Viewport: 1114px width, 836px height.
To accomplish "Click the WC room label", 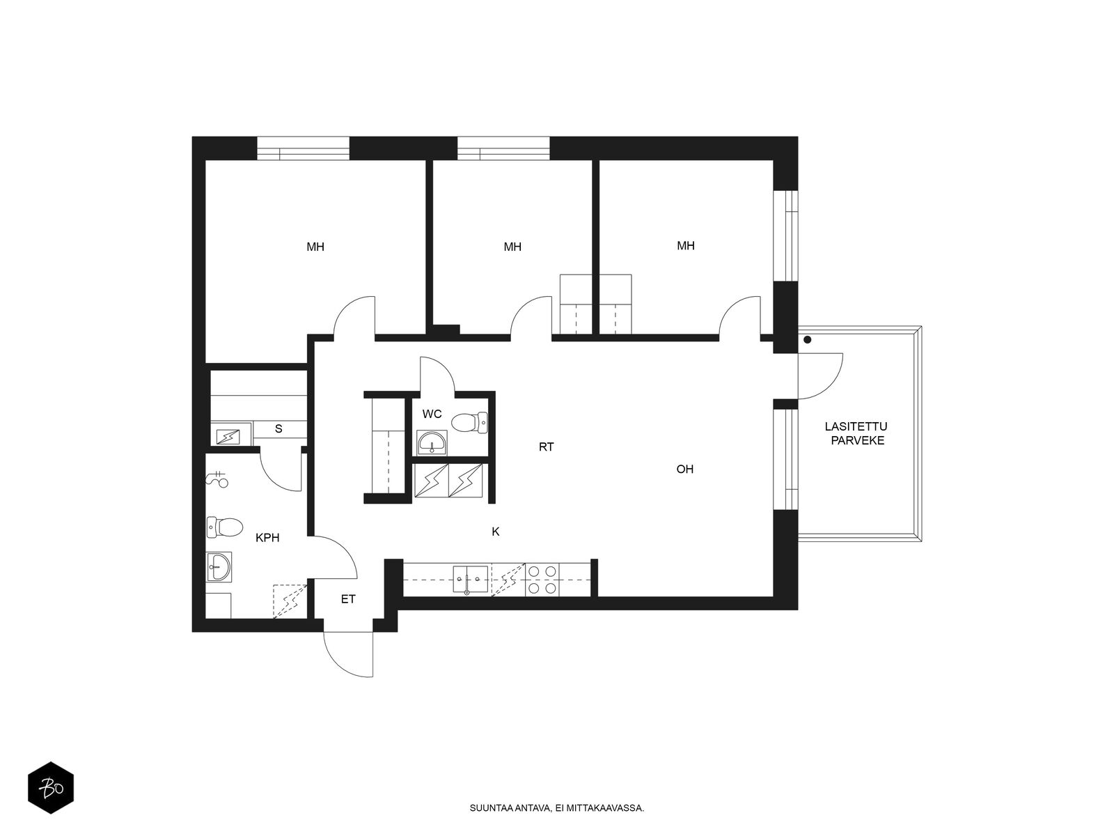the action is [x=432, y=415].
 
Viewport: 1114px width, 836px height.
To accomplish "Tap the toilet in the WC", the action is [x=469, y=422].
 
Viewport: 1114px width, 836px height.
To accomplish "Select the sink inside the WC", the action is [x=432, y=442].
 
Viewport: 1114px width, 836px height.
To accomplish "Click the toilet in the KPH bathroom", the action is [x=224, y=527].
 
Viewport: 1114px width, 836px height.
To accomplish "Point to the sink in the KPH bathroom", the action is [x=219, y=566].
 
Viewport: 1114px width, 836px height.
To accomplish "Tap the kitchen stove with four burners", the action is [x=542, y=579].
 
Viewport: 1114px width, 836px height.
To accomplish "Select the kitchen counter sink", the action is [x=471, y=580].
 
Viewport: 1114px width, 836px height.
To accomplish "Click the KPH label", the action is [x=267, y=538].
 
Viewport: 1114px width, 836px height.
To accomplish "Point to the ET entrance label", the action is [x=347, y=599].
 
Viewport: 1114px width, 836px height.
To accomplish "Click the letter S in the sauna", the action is [x=278, y=429].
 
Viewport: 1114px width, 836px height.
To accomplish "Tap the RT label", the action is [x=546, y=447].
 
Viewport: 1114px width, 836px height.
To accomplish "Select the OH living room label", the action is [x=684, y=469].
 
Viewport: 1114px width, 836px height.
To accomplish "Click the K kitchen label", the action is [x=495, y=532].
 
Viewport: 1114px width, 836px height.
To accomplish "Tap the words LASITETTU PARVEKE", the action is [x=856, y=433].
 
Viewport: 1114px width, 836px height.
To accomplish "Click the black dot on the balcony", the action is [x=807, y=339].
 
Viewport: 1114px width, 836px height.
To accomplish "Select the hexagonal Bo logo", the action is [x=51, y=788].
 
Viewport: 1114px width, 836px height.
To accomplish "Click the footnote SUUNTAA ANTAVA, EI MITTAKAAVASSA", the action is [x=557, y=808].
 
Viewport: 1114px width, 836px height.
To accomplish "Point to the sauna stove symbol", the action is [x=228, y=436].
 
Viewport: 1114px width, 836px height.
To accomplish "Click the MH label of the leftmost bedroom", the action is [x=315, y=247].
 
